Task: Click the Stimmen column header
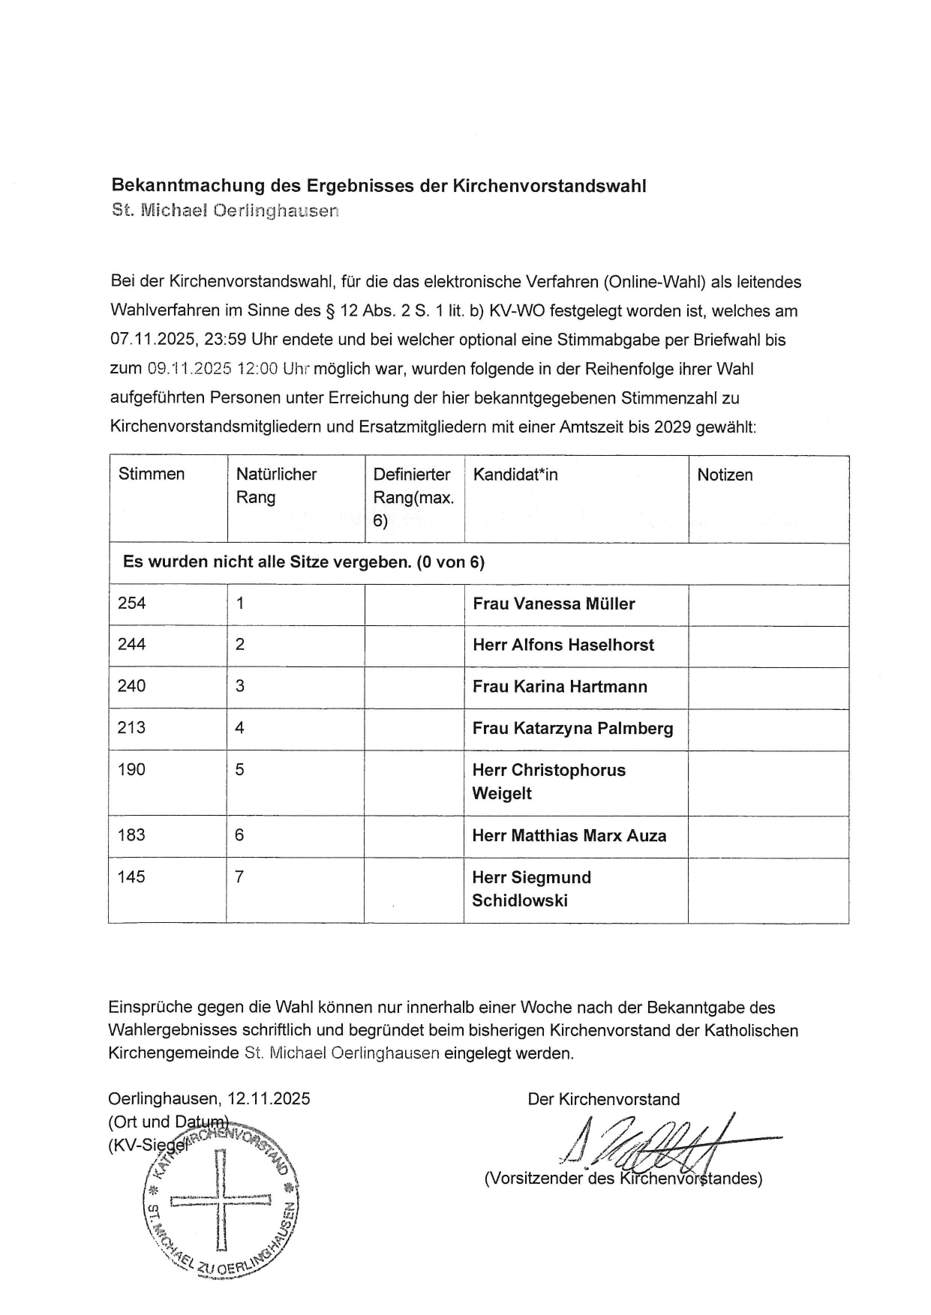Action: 152,474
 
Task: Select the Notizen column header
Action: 725,475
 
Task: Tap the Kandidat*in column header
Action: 515,475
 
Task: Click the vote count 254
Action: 132,604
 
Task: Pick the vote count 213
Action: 132,728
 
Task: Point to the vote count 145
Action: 131,876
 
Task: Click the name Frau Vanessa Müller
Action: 554,604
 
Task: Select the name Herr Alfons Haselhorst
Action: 563,646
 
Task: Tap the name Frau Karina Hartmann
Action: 560,687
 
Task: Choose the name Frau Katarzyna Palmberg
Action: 572,729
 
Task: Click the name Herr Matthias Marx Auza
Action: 569,836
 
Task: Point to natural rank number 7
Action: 239,876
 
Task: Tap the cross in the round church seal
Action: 221,1203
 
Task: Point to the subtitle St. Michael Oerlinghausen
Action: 225,211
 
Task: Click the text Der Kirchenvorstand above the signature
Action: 604,1099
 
